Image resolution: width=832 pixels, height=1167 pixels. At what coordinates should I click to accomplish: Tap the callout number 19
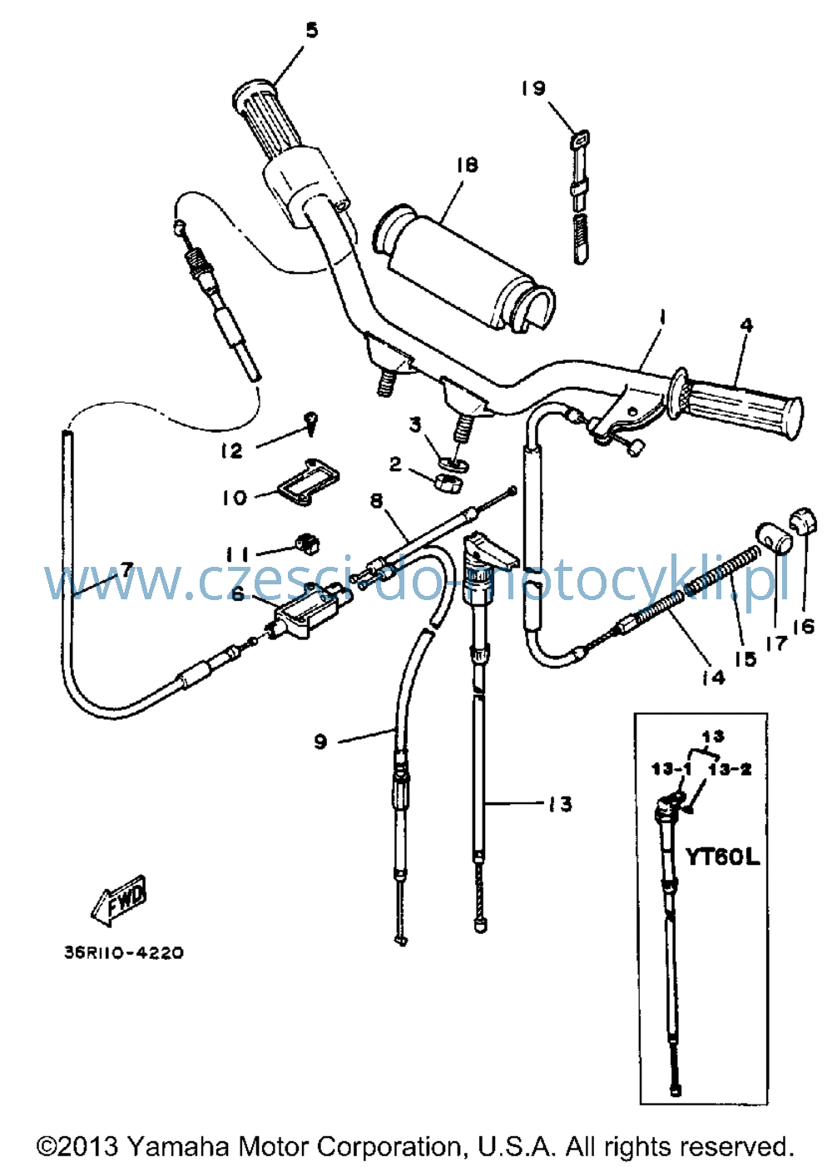(x=533, y=87)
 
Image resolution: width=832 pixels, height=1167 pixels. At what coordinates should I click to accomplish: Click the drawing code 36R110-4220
(x=124, y=952)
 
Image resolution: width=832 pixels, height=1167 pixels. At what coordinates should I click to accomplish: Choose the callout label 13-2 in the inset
(x=730, y=769)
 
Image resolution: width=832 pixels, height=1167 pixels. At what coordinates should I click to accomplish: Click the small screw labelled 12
(x=310, y=424)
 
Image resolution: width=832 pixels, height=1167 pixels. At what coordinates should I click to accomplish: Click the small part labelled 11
(x=307, y=544)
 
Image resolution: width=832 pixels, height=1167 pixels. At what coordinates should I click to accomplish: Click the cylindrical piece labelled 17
(x=773, y=538)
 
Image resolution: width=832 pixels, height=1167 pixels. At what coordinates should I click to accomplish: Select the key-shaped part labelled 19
(x=581, y=198)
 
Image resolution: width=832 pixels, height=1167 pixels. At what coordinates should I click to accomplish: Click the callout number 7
(x=127, y=569)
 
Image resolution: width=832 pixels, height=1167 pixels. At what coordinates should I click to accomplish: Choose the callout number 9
(x=320, y=742)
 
